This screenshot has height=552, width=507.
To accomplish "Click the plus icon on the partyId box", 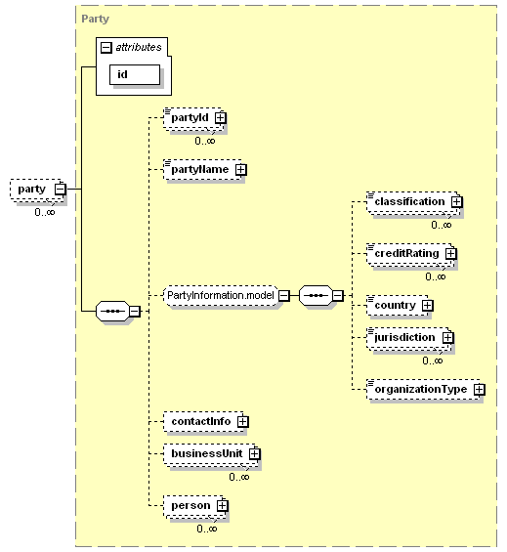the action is coord(221,117).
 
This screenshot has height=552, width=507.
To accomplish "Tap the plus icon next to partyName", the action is coord(241,170).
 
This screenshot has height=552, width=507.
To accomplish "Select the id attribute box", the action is coord(135,74).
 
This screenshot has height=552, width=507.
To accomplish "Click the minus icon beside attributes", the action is coord(106,48).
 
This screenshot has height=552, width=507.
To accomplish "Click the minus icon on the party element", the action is coord(61,189).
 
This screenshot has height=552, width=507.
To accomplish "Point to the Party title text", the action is coord(95,19).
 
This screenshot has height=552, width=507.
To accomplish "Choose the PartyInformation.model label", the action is coord(221,295).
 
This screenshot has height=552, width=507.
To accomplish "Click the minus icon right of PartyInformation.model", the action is coord(283,295).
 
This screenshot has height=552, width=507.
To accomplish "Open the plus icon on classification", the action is coord(456,201).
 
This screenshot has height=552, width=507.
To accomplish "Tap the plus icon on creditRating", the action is coord(450,253).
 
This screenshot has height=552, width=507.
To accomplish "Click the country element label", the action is coord(395,305).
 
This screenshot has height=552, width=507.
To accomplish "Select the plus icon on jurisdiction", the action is coord(447,338).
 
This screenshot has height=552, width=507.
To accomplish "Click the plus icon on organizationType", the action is coord(479,390).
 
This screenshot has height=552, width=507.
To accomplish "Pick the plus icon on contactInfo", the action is coord(242,422).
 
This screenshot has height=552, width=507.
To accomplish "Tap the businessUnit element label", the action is coord(207,453).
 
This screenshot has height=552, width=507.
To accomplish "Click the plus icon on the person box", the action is coord(222,505).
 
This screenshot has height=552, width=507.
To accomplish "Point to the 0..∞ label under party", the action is coord(45,212).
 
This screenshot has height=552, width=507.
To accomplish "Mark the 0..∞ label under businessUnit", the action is coord(239,477).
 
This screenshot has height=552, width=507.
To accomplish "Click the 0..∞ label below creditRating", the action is coord(436,276).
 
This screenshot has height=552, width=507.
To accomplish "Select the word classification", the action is coord(409,201).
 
